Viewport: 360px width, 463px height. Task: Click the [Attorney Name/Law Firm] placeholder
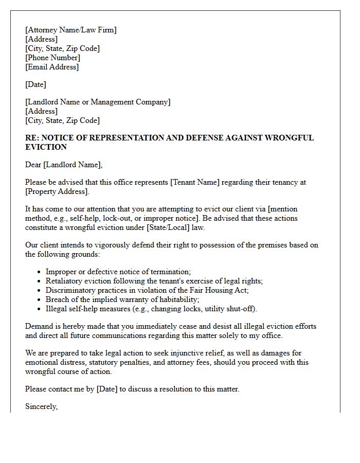pyautogui.click(x=71, y=30)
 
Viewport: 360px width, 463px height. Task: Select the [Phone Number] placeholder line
pyautogui.click(x=52, y=58)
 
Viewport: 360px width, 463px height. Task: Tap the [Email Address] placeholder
pyautogui.click(x=52, y=67)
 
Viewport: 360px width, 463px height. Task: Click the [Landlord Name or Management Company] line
pyautogui.click(x=98, y=102)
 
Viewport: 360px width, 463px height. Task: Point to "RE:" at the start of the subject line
pyautogui.click(x=32, y=138)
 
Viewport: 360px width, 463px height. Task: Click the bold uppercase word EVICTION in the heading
pyautogui.click(x=46, y=147)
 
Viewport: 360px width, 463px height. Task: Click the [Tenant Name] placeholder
pyautogui.click(x=196, y=182)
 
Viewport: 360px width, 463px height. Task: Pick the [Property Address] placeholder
pyautogui.click(x=57, y=191)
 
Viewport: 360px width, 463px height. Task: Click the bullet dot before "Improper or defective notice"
pyautogui.click(x=40, y=272)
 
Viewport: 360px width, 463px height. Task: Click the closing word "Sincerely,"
pyautogui.click(x=41, y=406)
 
